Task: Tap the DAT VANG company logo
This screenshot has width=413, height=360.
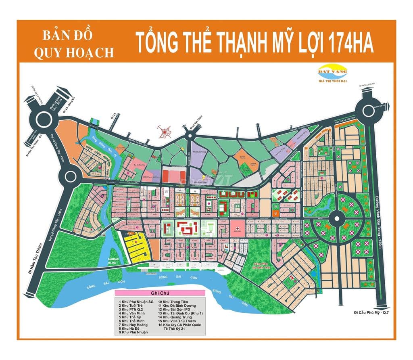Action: pyautogui.click(x=332, y=73)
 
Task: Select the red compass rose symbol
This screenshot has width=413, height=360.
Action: pyautogui.click(x=164, y=132)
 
